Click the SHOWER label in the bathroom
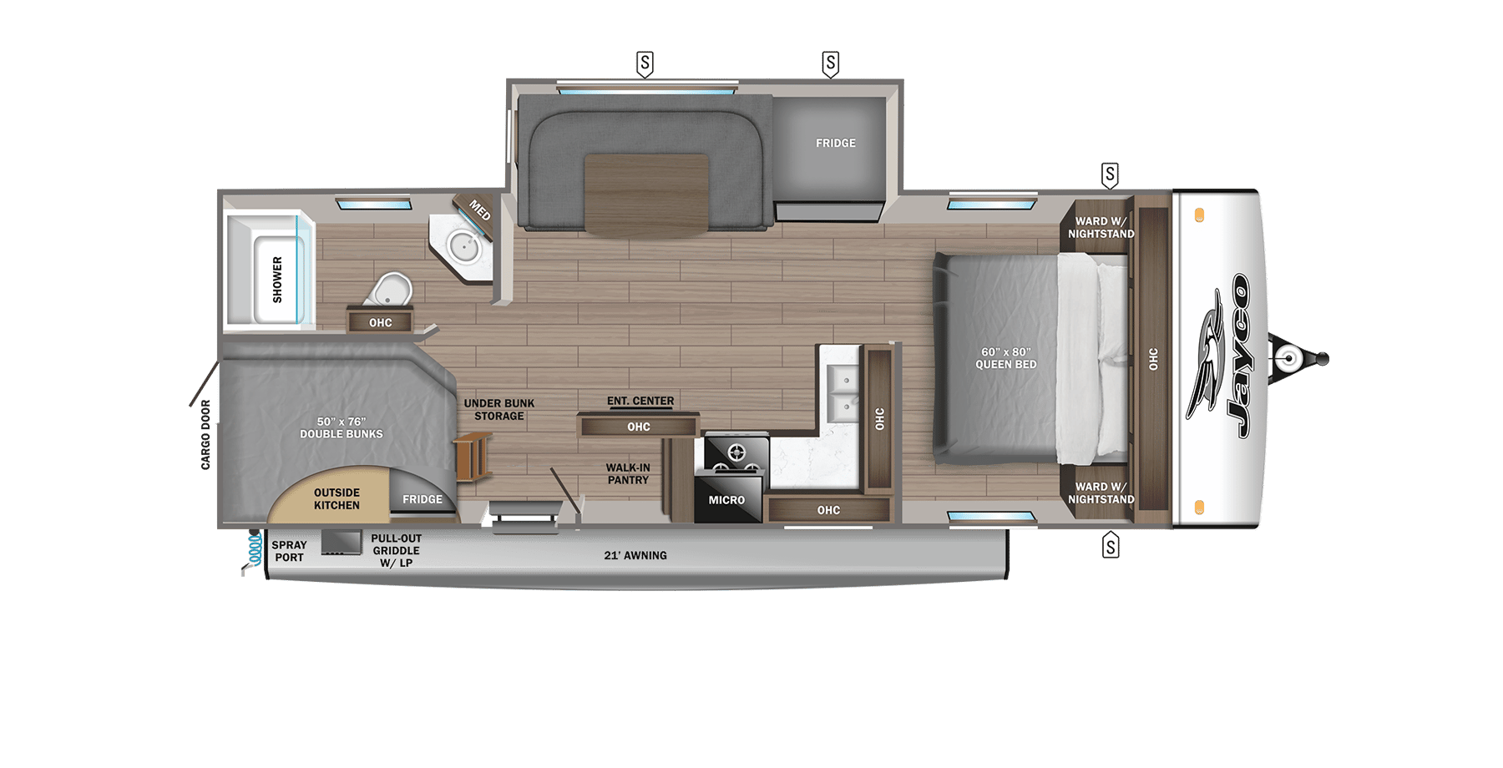(x=277, y=280)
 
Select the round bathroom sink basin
(x=462, y=245)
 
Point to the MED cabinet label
(x=479, y=210)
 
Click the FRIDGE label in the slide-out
(x=835, y=144)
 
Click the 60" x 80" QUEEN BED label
(x=1005, y=358)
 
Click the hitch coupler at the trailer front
(x=1290, y=360)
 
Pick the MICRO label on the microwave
(x=726, y=500)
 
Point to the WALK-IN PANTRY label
(x=628, y=474)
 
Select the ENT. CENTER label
(x=640, y=402)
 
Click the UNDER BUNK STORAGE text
(x=499, y=410)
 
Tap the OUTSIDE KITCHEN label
(x=337, y=499)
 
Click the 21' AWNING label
(x=635, y=556)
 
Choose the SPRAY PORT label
(x=289, y=551)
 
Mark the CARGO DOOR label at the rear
(x=205, y=434)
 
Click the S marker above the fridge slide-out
(x=830, y=63)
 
